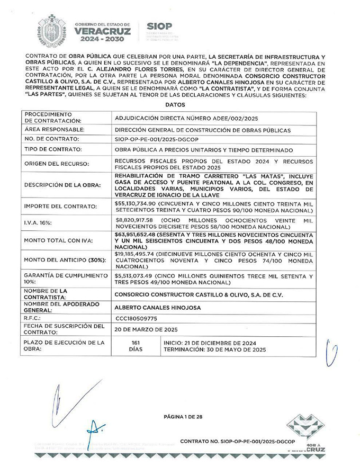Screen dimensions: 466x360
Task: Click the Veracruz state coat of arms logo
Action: click(x=51, y=30)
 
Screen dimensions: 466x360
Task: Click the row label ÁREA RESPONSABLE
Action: click(x=55, y=129)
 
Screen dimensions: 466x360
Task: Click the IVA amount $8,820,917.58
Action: click(x=133, y=218)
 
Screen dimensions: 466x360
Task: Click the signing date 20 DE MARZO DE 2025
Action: click(x=145, y=329)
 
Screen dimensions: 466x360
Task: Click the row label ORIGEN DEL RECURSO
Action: click(x=55, y=164)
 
